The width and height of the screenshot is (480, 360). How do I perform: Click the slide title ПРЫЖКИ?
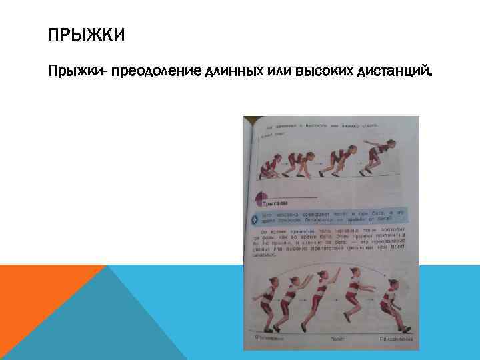(x=87, y=35)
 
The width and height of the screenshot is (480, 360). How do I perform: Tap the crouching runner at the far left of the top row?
(x=269, y=165)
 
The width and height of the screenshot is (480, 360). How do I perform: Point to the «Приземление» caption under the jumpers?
(x=397, y=339)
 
